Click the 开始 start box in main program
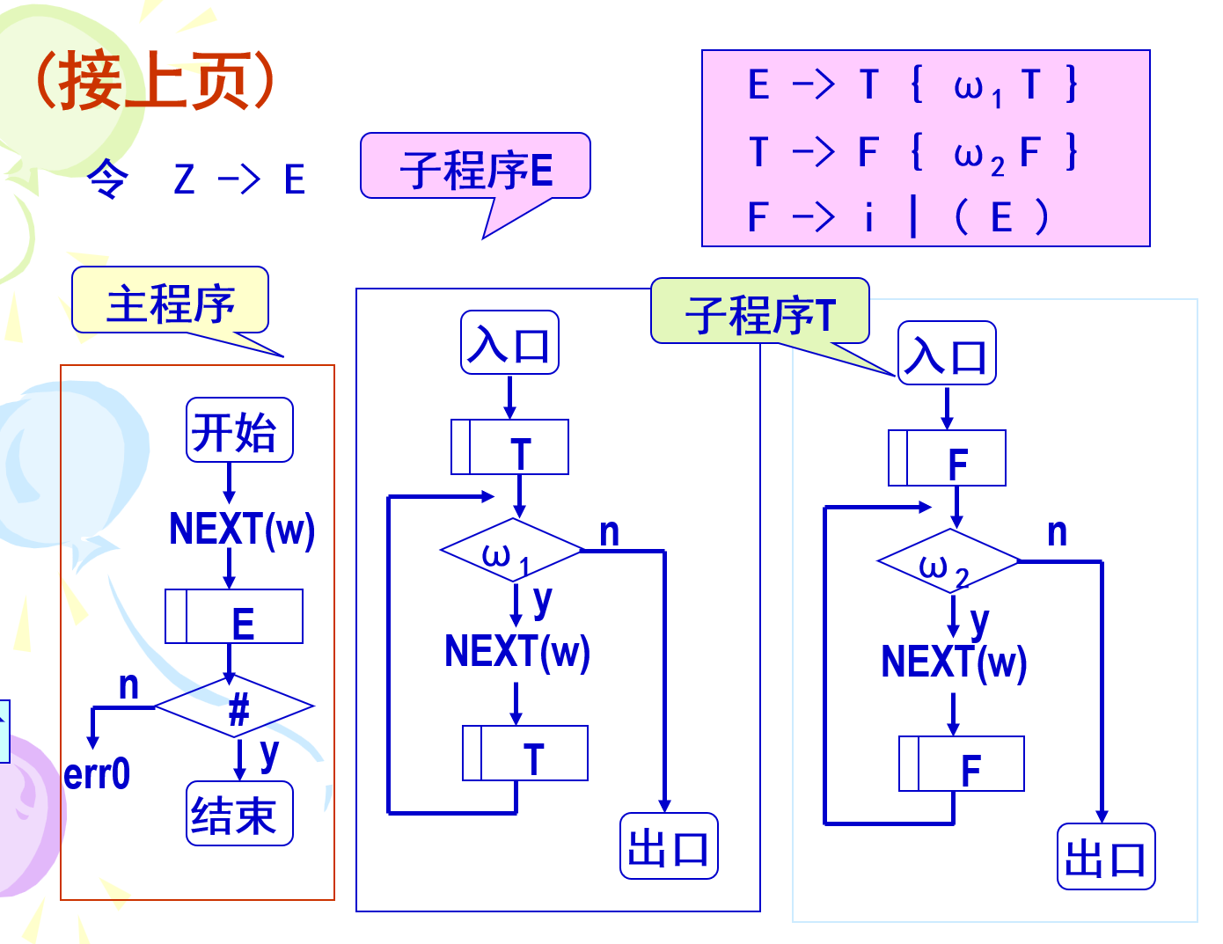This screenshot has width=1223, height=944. point(238,430)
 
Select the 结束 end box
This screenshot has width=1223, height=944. point(238,815)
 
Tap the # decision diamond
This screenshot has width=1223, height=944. point(235,707)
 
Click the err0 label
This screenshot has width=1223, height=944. point(97,775)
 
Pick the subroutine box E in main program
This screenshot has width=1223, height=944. point(234,618)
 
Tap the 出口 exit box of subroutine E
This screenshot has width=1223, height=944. point(669,846)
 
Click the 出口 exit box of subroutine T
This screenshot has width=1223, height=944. point(1105,857)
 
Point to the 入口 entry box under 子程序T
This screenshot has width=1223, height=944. point(947,354)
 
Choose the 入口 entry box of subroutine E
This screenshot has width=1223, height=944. point(509,343)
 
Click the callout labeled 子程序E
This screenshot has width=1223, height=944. point(475,167)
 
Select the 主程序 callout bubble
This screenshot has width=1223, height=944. point(170,302)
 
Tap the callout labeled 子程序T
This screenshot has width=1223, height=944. point(759,312)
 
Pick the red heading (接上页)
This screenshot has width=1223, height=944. point(155,80)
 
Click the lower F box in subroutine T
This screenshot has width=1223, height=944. point(961,765)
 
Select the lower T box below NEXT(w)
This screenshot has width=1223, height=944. point(525,754)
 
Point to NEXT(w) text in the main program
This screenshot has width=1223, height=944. point(242,529)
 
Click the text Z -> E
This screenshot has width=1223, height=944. point(239,179)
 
